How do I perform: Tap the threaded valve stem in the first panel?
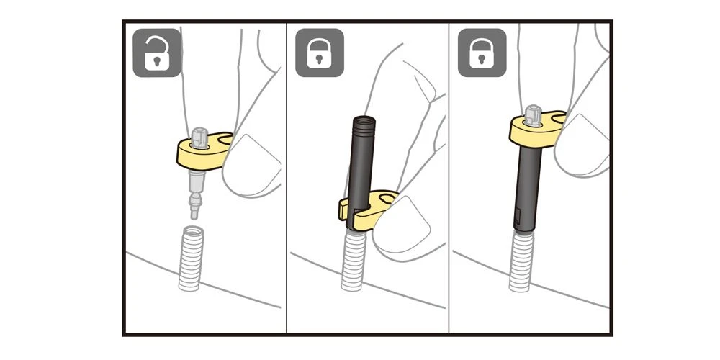click(x=191, y=259)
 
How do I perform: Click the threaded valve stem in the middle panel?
click(x=354, y=259)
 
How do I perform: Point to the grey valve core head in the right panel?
click(x=532, y=114)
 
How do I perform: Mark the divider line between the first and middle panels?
click(x=287, y=180)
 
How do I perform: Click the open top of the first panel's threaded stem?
click(x=191, y=231)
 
